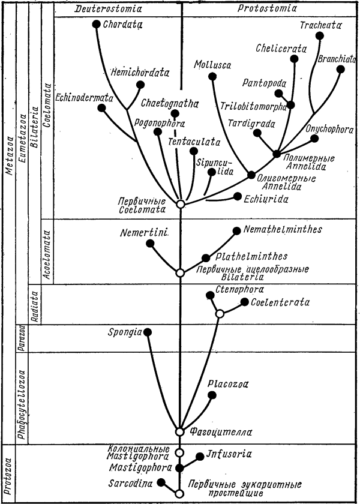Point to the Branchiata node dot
point(341,69)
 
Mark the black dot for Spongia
point(148,332)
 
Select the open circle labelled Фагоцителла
point(179,431)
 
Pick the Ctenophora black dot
point(209,295)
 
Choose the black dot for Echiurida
point(238,196)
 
